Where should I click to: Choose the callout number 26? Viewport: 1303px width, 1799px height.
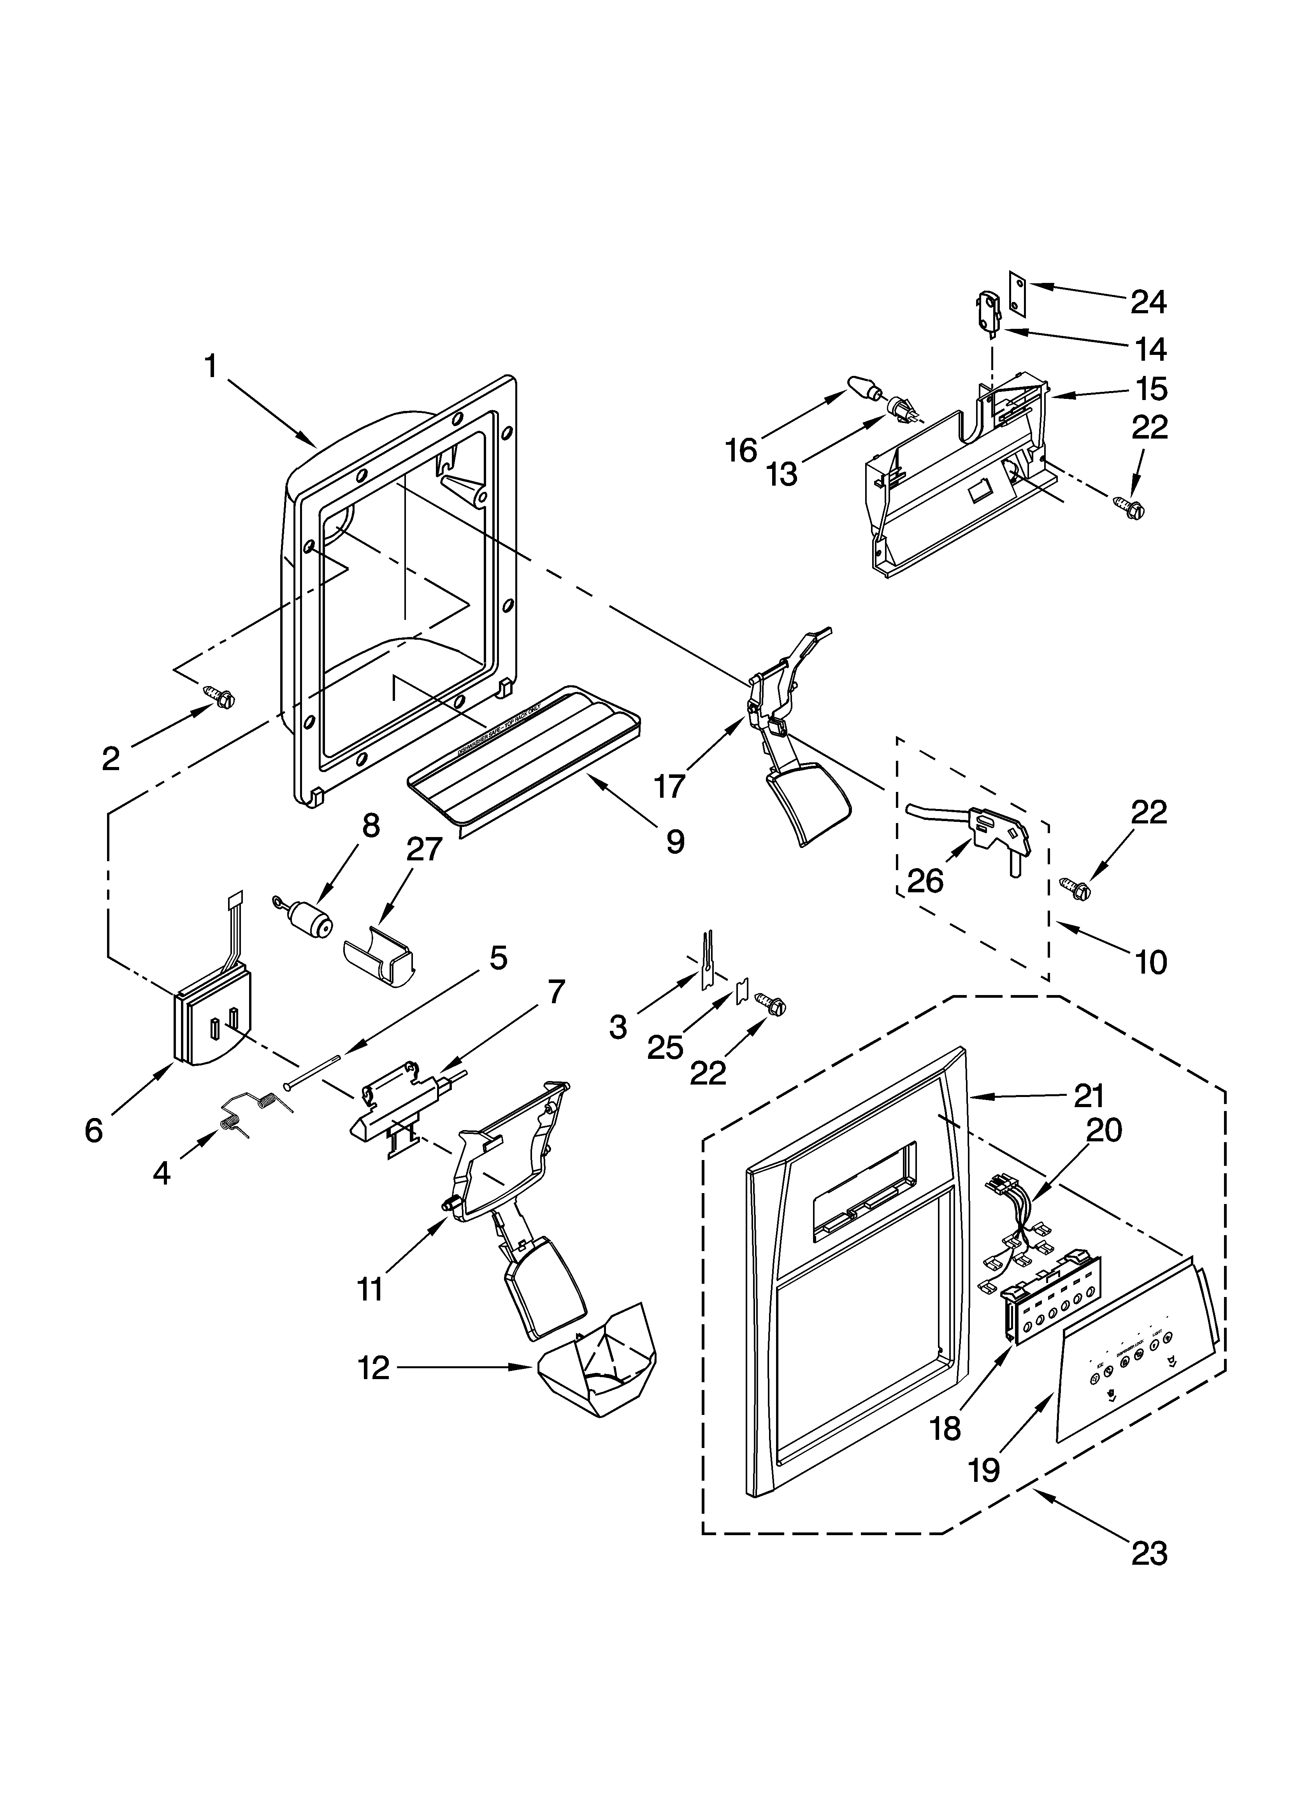click(925, 881)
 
